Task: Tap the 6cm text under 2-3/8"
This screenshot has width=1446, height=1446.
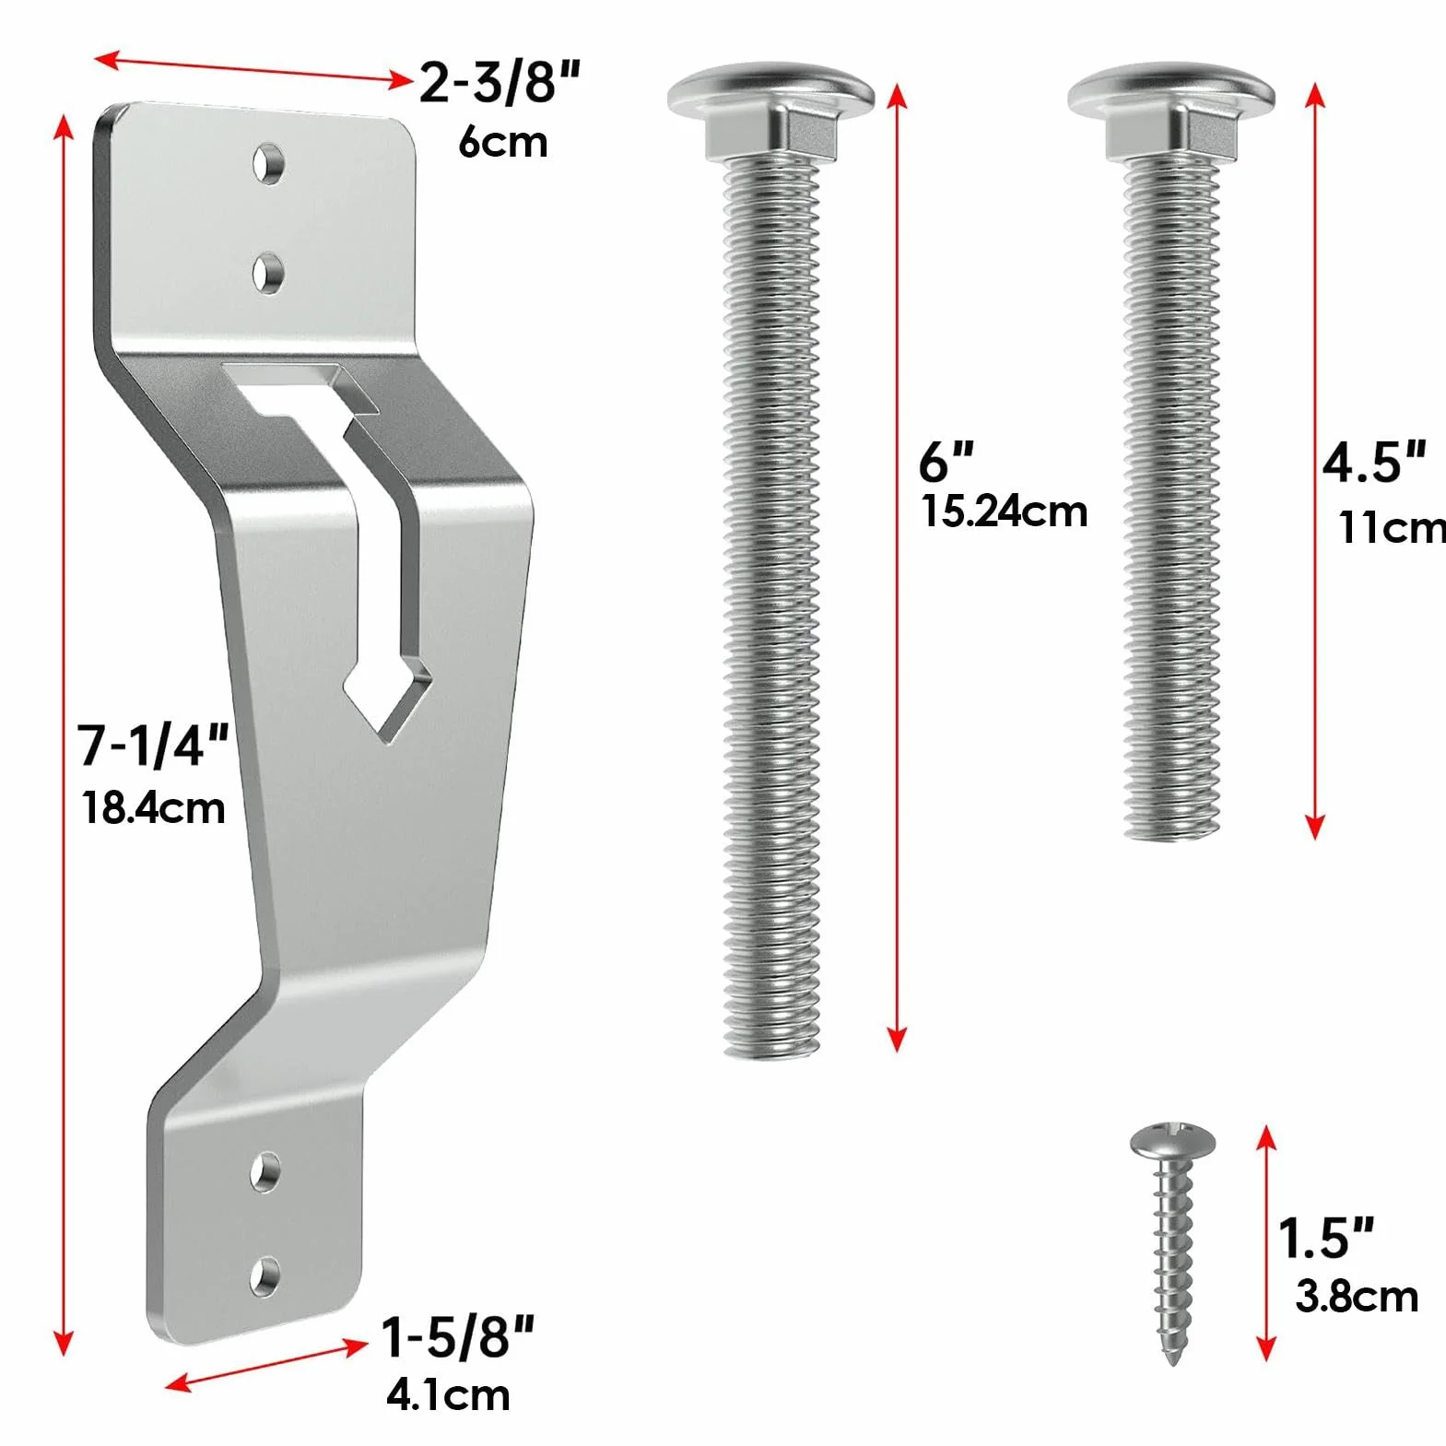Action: pos(503,142)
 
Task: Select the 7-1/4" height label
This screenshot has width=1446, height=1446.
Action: pos(153,745)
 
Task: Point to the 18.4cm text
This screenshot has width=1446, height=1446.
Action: pos(154,808)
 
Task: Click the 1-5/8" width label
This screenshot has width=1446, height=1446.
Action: pos(458,1336)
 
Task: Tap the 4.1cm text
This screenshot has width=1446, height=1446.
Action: pos(448,1394)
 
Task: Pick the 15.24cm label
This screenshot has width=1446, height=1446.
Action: pos(1005,511)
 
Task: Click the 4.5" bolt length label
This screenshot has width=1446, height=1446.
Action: pos(1374,462)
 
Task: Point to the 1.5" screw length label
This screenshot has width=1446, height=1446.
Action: pos(1326,1238)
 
